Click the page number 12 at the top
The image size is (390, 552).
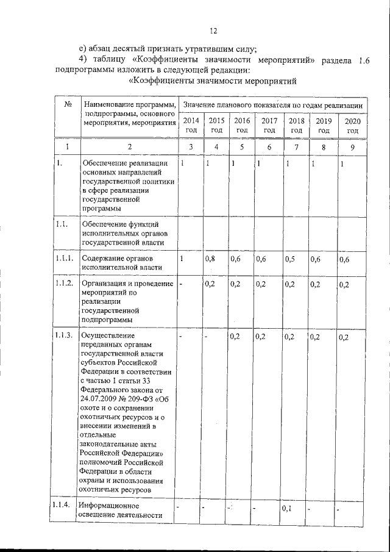[x=213, y=31]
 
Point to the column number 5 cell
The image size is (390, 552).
[x=241, y=147]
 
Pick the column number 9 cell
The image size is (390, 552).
[x=352, y=147]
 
